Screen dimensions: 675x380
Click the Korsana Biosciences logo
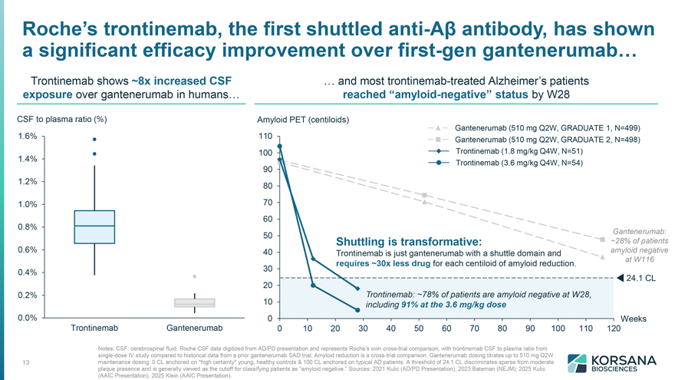611,363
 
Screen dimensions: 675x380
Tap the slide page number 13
26,362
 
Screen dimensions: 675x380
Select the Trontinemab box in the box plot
94,227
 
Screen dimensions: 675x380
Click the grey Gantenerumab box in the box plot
195,303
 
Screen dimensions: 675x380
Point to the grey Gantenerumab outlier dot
195,276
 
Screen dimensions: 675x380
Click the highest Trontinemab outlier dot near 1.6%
94,139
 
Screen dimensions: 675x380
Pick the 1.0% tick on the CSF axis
28,204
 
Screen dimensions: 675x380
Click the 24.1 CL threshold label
640,279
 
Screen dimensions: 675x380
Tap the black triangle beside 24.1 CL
620,278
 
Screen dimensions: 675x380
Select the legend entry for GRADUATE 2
534,140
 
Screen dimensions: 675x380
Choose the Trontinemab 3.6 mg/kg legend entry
505,163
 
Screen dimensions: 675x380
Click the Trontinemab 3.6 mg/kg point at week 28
357,310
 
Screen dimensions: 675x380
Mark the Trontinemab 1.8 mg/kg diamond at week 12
313,259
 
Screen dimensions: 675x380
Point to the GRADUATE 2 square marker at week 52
424,195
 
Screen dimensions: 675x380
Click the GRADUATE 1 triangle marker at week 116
602,257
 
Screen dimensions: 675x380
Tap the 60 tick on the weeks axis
446,329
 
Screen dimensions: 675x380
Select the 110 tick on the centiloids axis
265,136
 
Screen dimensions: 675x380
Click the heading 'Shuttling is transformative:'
409,241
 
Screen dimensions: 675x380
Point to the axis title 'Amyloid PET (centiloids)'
303,120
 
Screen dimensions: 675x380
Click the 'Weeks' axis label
634,319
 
